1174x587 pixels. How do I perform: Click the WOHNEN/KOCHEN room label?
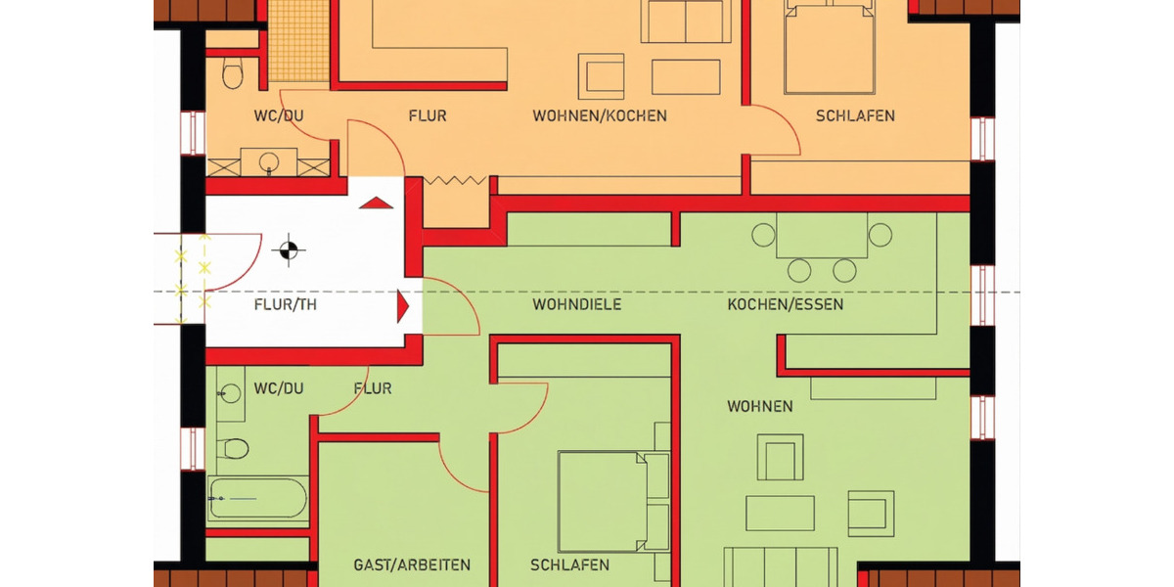coord(599,115)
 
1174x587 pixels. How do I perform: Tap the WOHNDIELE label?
coord(576,304)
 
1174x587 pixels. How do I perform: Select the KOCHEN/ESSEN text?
coord(785,304)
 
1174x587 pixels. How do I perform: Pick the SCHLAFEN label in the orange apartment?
coord(855,115)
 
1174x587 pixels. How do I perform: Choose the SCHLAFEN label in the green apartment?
coord(569,564)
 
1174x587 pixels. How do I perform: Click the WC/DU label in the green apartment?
coord(279,388)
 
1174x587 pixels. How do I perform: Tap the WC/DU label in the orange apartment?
coord(279,115)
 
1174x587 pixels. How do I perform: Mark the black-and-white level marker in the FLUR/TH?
coord(288,250)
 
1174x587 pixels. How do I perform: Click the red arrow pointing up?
coord(377,203)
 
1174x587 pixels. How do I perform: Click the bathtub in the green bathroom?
coord(257,497)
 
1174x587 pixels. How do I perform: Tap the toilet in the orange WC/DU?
coord(232,72)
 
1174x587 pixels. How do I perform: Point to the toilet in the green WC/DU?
coord(235,448)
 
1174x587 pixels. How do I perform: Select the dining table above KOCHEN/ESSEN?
coord(821,236)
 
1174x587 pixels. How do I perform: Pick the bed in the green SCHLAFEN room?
coord(613,501)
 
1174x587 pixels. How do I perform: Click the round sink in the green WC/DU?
coord(230,394)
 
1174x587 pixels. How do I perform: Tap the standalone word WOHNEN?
coord(759,406)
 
